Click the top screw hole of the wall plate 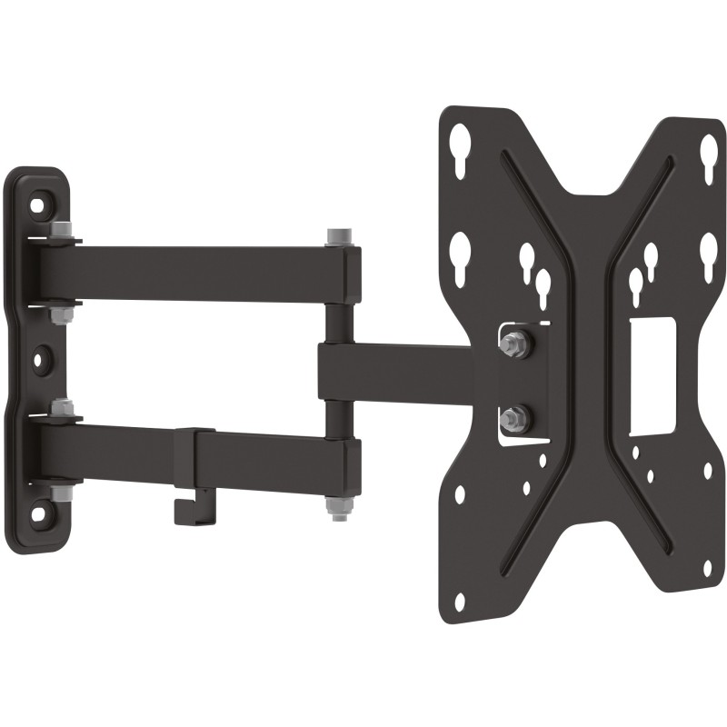coord(36,204)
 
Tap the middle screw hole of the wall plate coord(39,358)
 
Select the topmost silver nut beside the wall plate coord(62,231)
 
